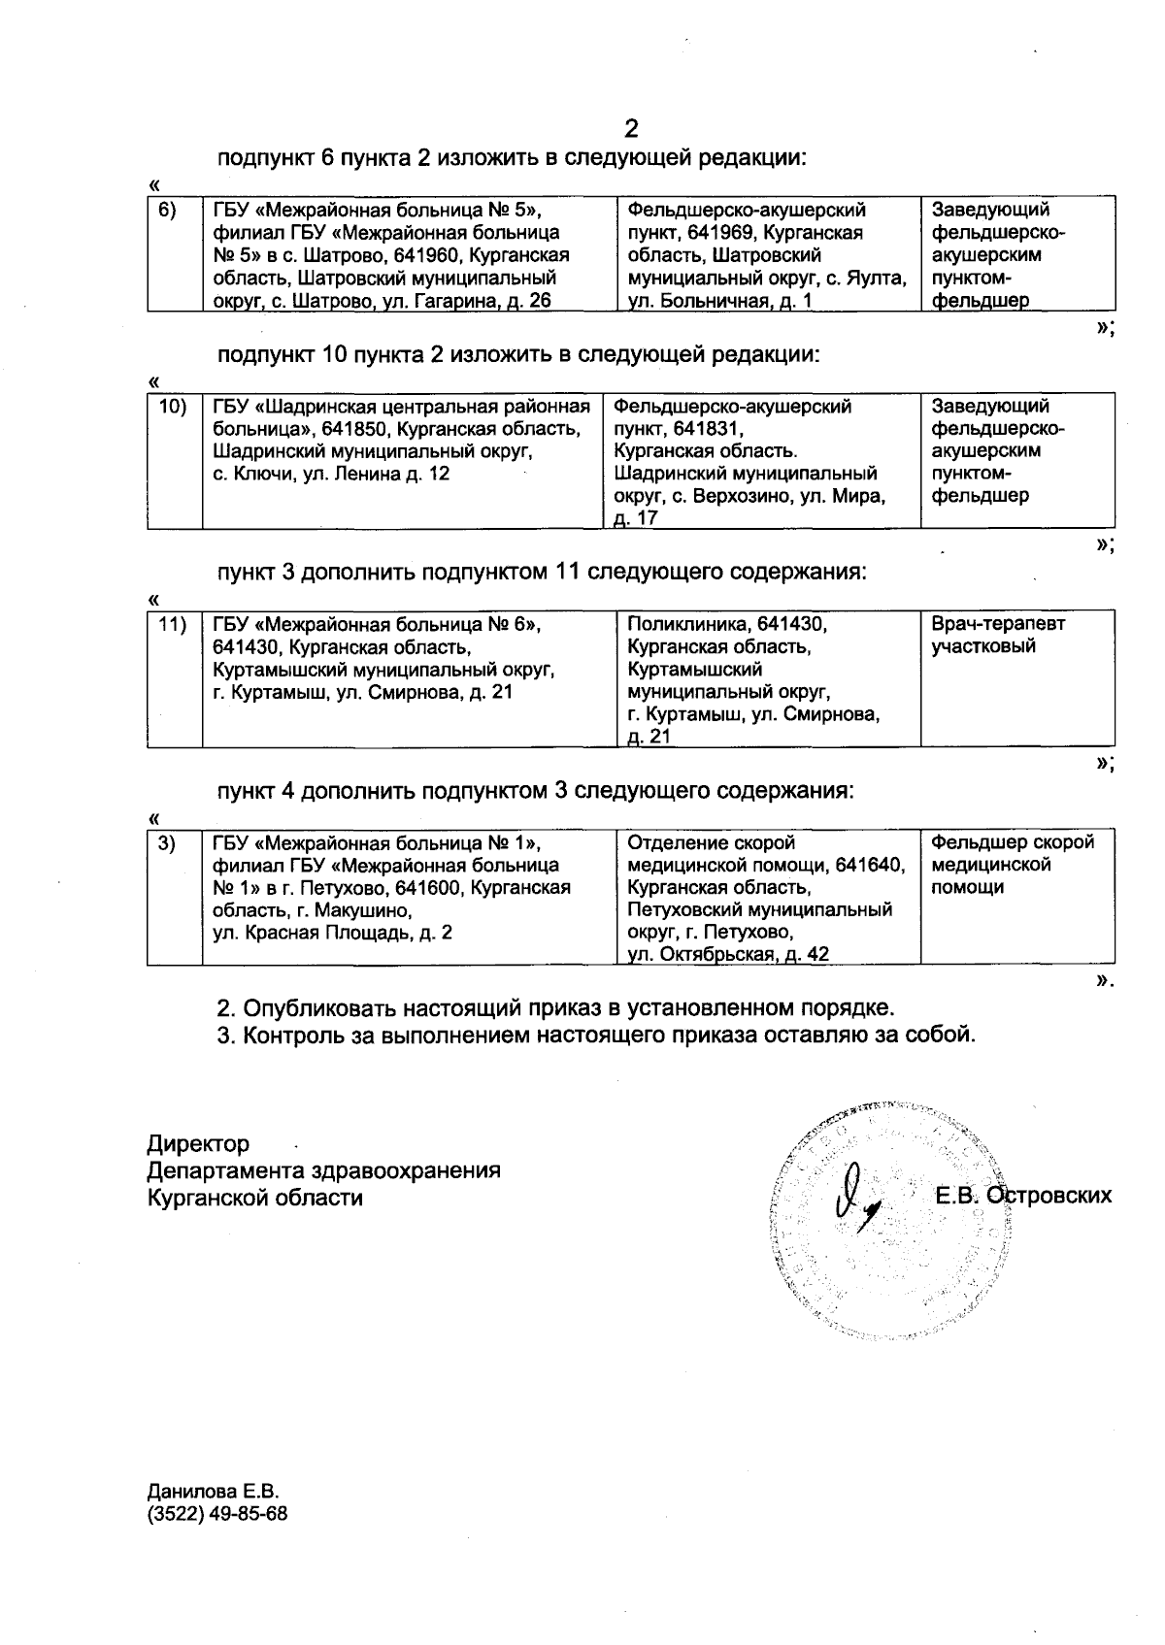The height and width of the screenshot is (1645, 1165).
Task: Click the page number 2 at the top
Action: pos(632,129)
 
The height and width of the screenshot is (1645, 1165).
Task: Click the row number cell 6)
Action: pos(167,211)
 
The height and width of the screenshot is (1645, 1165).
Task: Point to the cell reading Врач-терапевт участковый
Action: pos(997,635)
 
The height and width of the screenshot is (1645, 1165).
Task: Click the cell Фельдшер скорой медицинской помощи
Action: pos(1012,864)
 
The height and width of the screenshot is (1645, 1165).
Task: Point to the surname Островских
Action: pos(1049,1196)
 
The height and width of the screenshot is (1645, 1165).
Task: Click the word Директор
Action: pos(198,1144)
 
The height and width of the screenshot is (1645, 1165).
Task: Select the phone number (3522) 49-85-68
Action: pos(216,1514)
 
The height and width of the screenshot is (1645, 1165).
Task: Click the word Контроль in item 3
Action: pos(288,1035)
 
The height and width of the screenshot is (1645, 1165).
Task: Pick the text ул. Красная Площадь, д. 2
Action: pos(332,933)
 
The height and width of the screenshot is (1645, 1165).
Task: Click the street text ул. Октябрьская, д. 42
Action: pos(728,955)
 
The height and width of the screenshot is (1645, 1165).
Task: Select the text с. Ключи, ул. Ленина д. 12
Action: pos(331,475)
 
